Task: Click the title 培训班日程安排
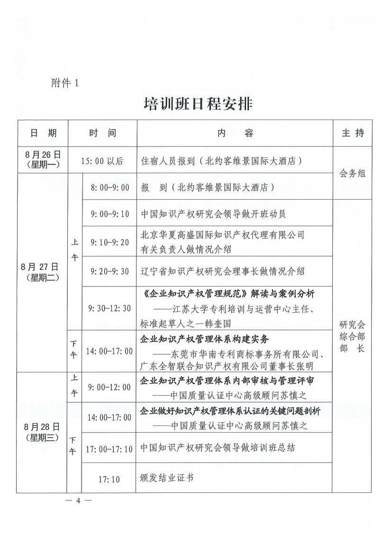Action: (198, 104)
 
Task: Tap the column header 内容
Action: (235, 133)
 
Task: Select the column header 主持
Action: (353, 133)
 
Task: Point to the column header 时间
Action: (102, 133)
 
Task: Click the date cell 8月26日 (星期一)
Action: (42, 160)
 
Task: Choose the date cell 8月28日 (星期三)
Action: (42, 432)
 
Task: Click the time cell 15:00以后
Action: (102, 161)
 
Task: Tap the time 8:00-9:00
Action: (110, 187)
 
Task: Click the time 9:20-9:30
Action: (110, 271)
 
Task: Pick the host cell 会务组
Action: (353, 174)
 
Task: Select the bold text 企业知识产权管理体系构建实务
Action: (205, 340)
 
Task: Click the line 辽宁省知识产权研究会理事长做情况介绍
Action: (223, 271)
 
